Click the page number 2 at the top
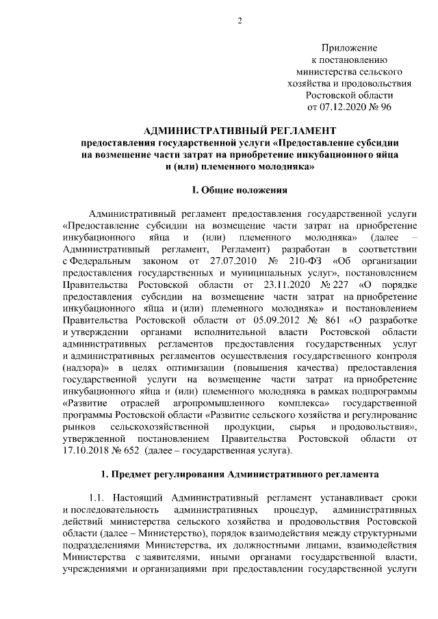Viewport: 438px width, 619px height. coord(240,19)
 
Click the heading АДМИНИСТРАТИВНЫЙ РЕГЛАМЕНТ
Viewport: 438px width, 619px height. coord(240,131)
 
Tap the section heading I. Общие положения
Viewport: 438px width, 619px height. coord(240,189)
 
